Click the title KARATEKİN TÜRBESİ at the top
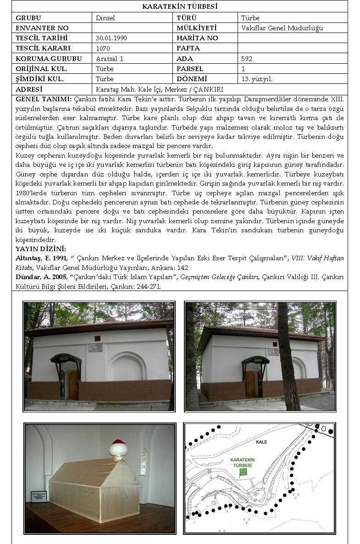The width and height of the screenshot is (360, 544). coord(179,6)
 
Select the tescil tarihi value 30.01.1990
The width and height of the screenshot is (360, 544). coord(111,38)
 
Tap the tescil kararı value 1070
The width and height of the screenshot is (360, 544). coord(102,48)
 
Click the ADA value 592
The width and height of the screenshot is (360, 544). coord(247,59)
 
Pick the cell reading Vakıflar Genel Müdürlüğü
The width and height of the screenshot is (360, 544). coord(282,28)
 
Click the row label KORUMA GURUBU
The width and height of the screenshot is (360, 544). coord(49,59)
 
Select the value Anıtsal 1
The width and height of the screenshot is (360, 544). coord(110,59)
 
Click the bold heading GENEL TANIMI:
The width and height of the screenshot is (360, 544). coord(43,99)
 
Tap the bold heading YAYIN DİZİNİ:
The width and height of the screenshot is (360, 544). coord(41,249)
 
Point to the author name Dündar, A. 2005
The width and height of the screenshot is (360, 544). coord(41,277)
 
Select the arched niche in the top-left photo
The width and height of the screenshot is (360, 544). coord(127,367)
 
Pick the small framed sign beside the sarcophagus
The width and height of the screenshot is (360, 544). coord(39,496)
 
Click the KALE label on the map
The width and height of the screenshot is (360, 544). coord(261,442)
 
